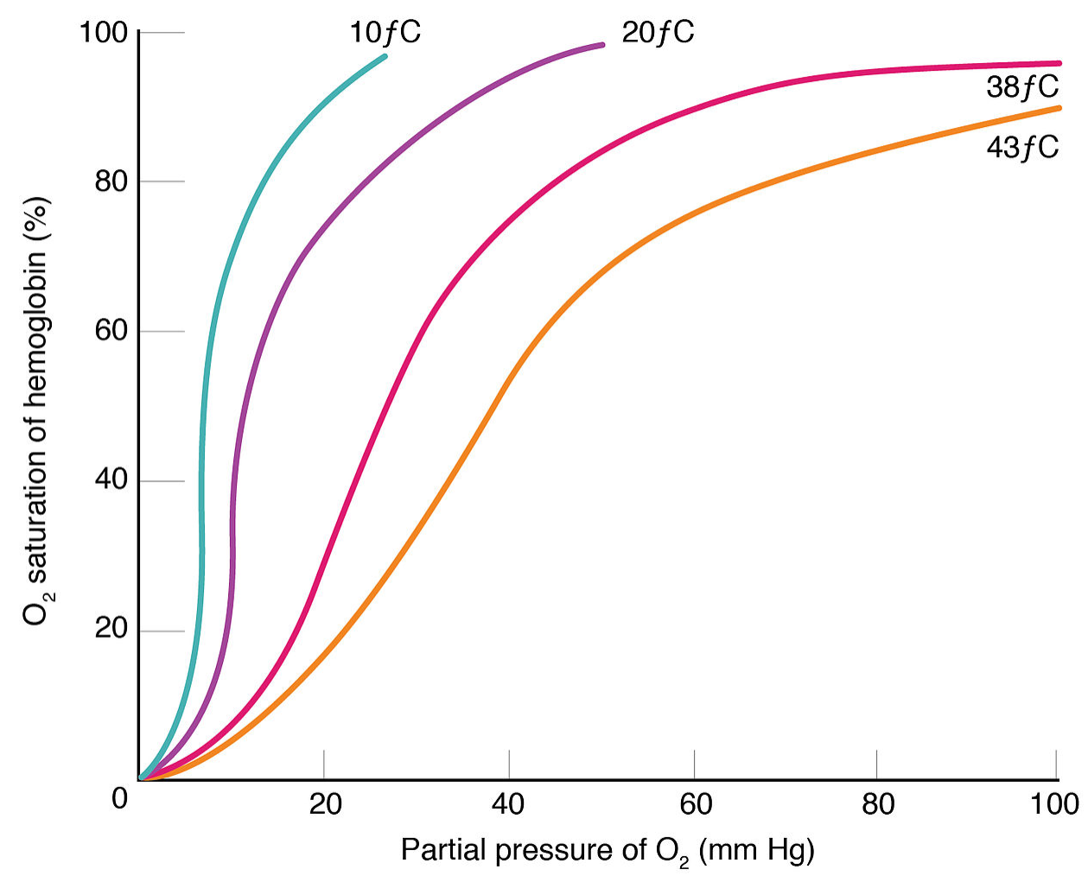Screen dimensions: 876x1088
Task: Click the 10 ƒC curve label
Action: [385, 33]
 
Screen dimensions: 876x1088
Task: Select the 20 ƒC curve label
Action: [658, 33]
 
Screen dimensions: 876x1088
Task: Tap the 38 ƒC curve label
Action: [1021, 87]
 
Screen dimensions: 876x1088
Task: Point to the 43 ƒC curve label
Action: [1021, 148]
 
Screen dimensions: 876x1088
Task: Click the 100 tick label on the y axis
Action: [103, 33]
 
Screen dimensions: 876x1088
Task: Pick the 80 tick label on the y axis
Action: [111, 182]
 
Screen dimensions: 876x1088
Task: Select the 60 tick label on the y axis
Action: [111, 332]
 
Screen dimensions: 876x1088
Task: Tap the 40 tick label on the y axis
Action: [111, 481]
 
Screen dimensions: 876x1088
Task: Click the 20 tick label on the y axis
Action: [111, 631]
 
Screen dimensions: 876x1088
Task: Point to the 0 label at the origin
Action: [119, 797]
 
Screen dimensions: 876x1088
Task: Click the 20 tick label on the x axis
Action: [325, 804]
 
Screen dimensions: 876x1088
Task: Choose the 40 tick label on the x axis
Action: [508, 804]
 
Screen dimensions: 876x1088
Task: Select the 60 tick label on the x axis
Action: [695, 804]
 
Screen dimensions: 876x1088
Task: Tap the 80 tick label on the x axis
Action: [877, 804]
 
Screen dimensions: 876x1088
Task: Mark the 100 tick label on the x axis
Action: [1055, 804]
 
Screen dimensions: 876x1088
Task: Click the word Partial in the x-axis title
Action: [443, 851]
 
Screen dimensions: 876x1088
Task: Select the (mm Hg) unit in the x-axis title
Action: [756, 851]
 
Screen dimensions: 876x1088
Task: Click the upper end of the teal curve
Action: [385, 56]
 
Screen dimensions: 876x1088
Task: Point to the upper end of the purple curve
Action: [602, 44]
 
